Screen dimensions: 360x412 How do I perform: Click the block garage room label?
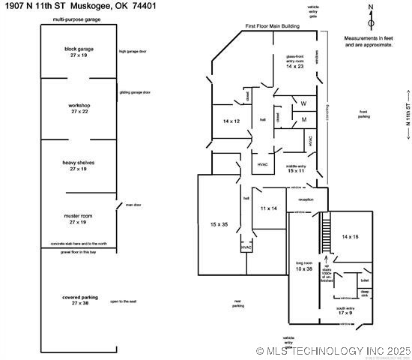(79, 52)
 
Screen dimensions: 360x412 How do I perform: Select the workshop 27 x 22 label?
(79, 109)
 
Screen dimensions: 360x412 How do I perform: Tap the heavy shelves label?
(79, 166)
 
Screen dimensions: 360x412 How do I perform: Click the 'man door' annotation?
(133, 205)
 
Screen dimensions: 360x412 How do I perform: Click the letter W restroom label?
(303, 103)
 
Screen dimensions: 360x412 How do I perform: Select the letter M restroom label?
(303, 119)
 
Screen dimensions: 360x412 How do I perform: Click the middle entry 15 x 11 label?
(296, 169)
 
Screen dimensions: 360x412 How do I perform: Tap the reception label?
(306, 199)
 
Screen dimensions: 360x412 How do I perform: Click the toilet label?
(364, 280)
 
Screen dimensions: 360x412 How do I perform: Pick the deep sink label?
(365, 294)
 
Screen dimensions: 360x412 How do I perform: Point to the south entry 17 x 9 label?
(345, 310)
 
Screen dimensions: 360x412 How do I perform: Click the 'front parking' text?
(364, 114)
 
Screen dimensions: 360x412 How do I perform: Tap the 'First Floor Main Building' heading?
(273, 26)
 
